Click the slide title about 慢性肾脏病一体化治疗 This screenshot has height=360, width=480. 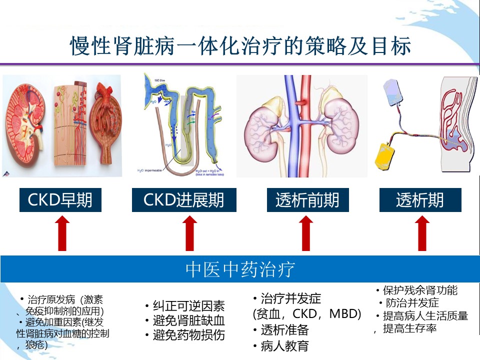click(240, 46)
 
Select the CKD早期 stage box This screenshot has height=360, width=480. click(60, 200)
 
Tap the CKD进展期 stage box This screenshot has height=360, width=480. click(184, 200)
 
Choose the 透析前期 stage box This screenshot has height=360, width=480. click(307, 200)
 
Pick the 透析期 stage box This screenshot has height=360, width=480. click(420, 200)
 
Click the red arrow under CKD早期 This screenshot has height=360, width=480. click(62, 233)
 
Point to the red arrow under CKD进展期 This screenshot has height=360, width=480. click(189, 233)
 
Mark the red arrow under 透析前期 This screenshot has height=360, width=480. click(306, 233)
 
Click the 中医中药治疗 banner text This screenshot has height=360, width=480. click(240, 269)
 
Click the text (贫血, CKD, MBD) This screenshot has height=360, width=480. click(307, 314)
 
